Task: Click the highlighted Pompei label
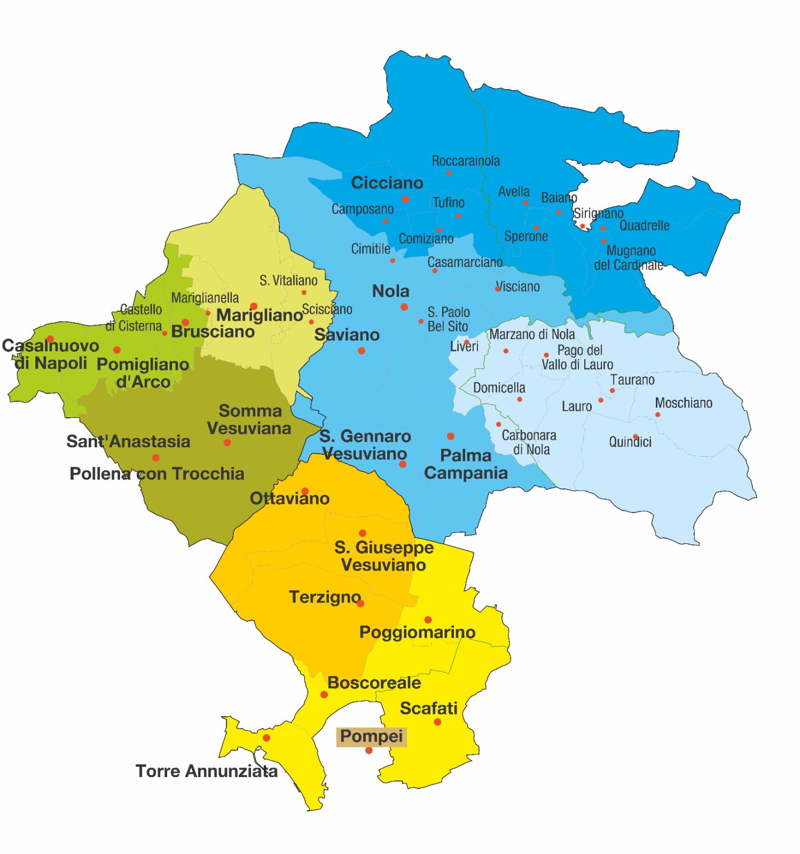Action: pos(371,737)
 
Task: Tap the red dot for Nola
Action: pos(404,307)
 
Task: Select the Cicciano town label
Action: pos(387,183)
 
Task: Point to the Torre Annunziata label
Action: pos(206,771)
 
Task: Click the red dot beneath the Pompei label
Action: pos(368,750)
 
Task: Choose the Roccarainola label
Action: pos(466,161)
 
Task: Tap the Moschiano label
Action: pos(684,403)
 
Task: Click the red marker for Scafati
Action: pos(437,722)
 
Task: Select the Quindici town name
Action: pos(630,442)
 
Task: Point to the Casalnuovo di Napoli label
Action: pos(50,354)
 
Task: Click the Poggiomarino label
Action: pos(417,632)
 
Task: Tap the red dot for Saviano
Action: pos(362,351)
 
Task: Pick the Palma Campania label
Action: pos(466,464)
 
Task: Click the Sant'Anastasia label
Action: pos(128,441)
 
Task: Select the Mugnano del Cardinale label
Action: pos(629,258)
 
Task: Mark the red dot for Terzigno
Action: pos(360,604)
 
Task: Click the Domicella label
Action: pos(499,388)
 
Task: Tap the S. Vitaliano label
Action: pos(288,280)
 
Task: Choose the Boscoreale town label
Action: pos(374,683)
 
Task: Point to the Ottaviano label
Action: pos(289,499)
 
